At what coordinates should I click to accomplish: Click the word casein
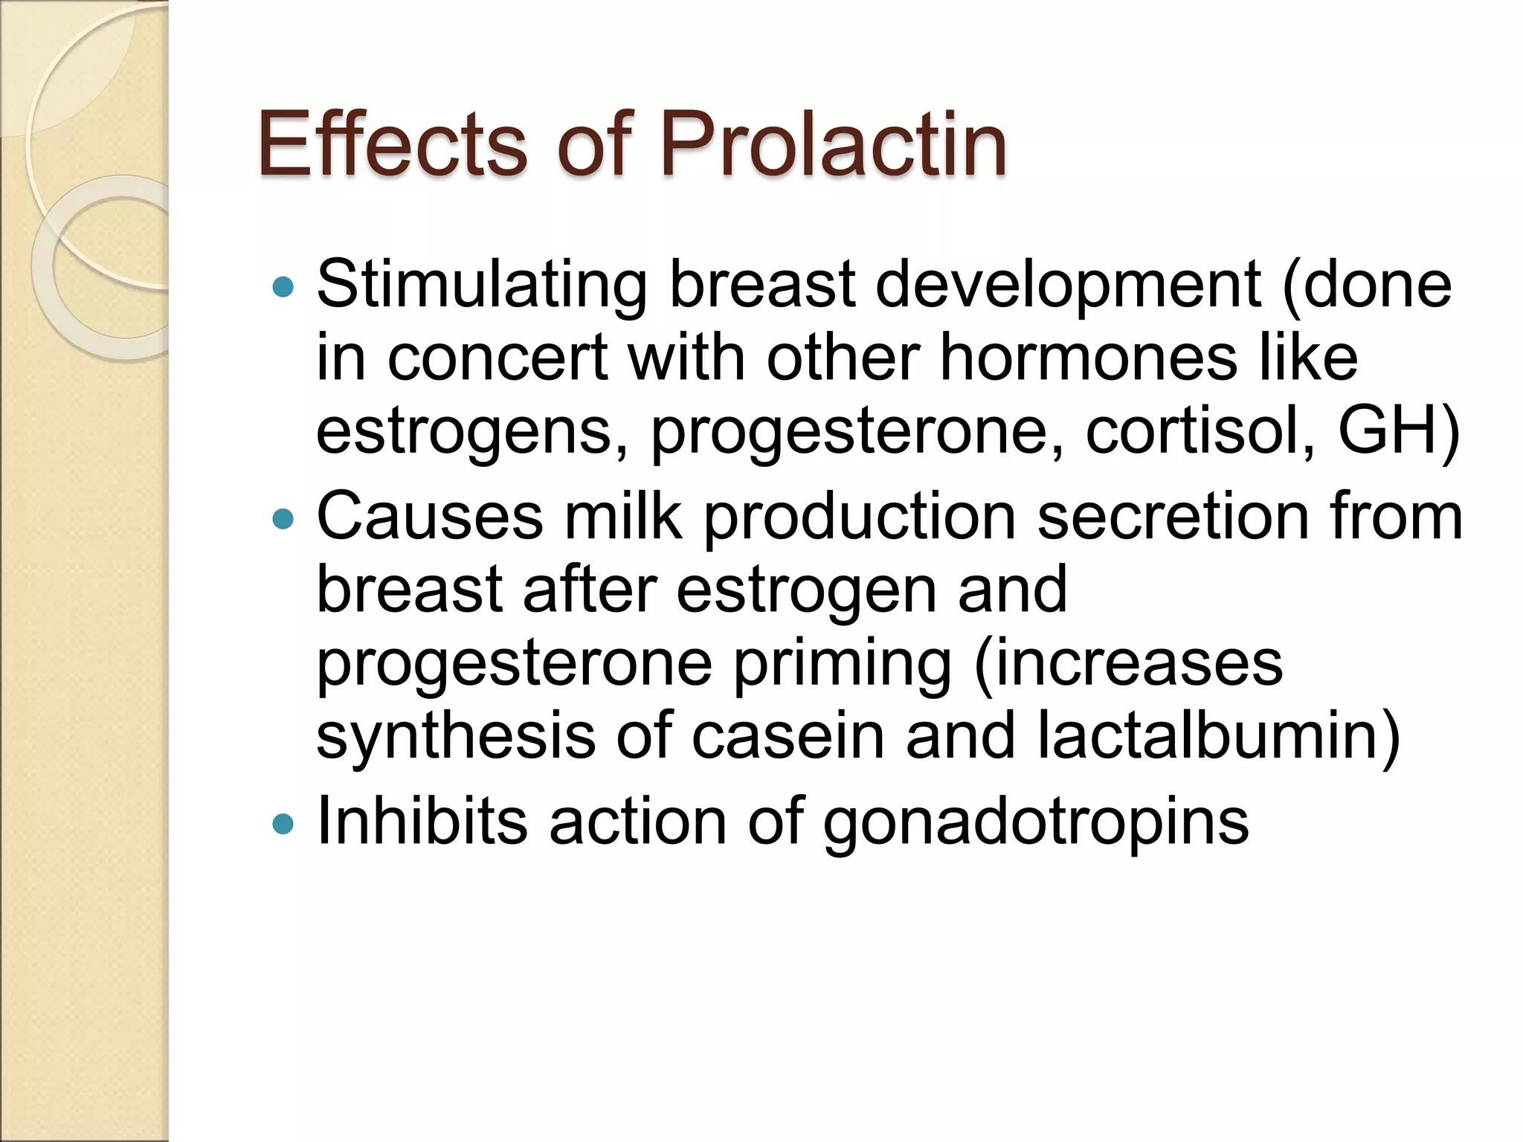(x=788, y=736)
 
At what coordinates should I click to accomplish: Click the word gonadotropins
(x=1036, y=824)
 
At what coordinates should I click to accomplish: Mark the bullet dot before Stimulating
(x=283, y=287)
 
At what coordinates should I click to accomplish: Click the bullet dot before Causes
(x=283, y=518)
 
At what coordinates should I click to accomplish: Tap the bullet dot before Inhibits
(x=283, y=824)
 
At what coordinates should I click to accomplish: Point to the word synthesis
(x=456, y=736)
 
